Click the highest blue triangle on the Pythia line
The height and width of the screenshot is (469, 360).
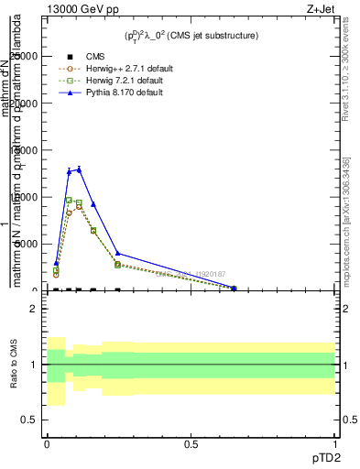tap(79, 169)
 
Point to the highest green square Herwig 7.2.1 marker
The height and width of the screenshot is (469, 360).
tap(69, 200)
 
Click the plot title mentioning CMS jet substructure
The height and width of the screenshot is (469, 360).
tap(191, 35)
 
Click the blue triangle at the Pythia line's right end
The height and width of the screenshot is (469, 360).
tap(234, 288)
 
